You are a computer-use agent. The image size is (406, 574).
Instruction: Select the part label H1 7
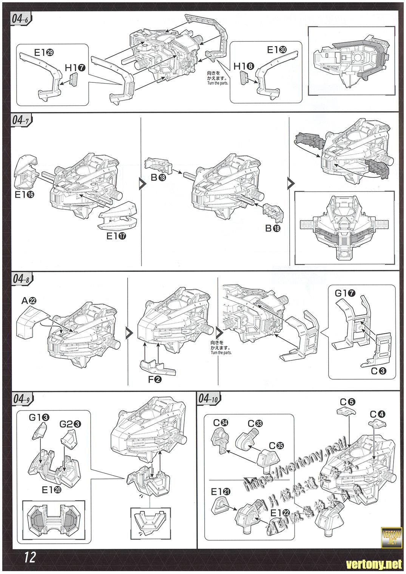point(75,68)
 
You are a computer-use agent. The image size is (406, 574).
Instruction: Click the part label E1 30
point(277,50)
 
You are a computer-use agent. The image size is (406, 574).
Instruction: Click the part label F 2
point(154,380)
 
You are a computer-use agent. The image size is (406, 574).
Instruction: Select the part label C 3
point(378,371)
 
